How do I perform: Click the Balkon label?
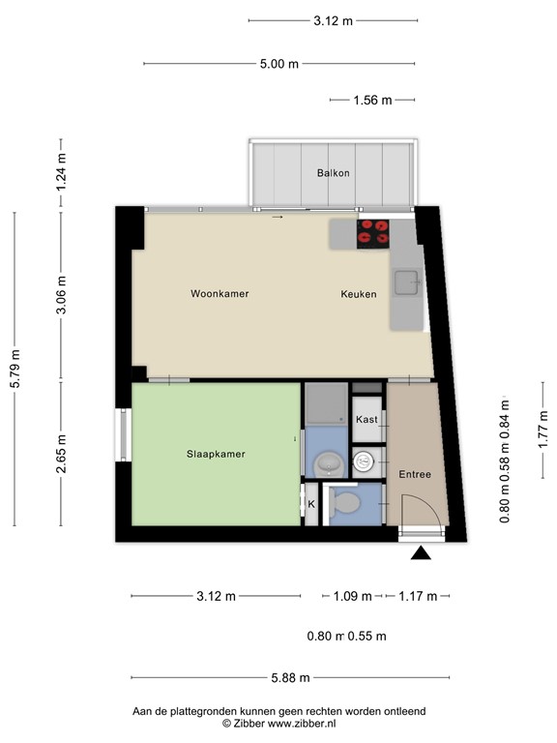click(333, 173)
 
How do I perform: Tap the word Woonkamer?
click(220, 294)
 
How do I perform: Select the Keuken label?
click(358, 294)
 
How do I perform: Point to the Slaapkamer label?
click(215, 454)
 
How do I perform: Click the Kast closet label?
click(366, 419)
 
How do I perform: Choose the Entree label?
click(415, 474)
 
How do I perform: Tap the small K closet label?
click(311, 504)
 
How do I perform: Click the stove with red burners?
click(372, 233)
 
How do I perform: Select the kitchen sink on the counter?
click(406, 283)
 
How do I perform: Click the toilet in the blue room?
click(342, 501)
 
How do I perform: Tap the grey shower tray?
click(326, 403)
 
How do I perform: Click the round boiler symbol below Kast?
click(365, 461)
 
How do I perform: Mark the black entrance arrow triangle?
click(421, 553)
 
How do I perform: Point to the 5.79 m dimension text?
click(15, 369)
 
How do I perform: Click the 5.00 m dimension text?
click(278, 64)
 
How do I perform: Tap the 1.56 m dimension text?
click(373, 100)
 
